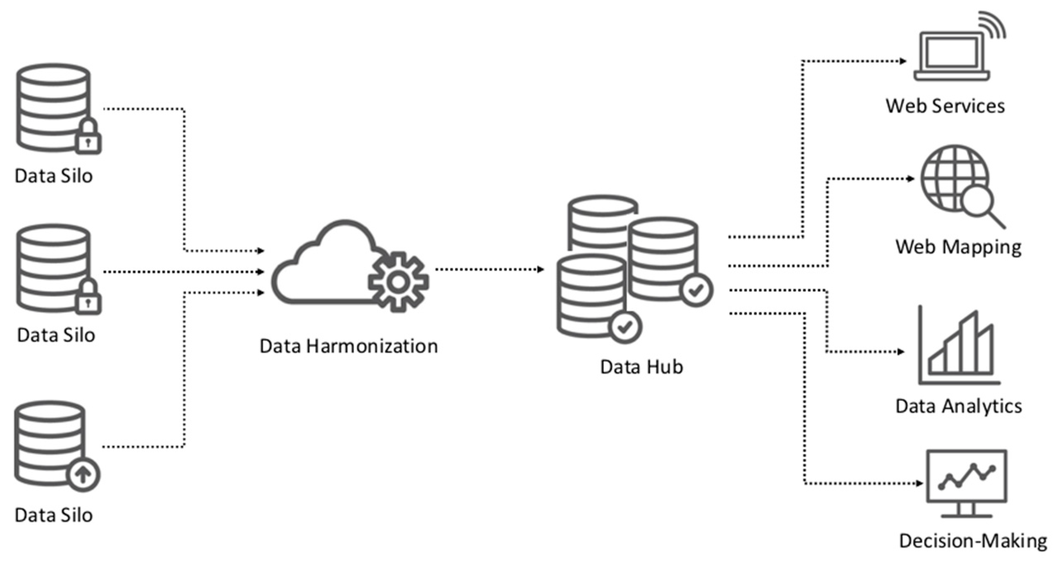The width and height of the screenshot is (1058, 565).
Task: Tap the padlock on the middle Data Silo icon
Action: [x=88, y=298]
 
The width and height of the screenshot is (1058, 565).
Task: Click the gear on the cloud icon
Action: [x=398, y=282]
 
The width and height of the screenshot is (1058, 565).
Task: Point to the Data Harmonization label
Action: [x=348, y=346]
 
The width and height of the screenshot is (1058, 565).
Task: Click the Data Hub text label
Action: [x=641, y=367]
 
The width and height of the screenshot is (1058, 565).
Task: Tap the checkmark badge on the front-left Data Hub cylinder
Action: [x=625, y=327]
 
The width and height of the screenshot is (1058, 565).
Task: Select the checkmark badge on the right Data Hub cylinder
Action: [x=697, y=290]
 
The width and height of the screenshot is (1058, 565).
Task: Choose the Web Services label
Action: [x=945, y=106]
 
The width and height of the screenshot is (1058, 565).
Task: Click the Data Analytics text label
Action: [x=958, y=406]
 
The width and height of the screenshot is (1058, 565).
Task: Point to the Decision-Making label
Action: [x=973, y=541]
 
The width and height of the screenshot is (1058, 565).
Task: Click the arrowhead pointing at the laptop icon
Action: [x=903, y=62]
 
